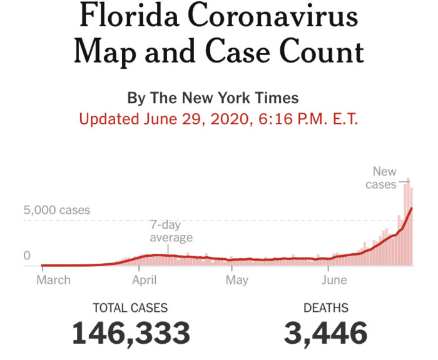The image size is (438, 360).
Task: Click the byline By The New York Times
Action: tap(213, 98)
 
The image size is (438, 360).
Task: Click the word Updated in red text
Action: tap(109, 119)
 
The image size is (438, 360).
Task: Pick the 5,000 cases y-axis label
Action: tap(57, 210)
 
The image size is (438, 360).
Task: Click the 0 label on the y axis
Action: tap(28, 255)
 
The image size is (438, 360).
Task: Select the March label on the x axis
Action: tap(53, 280)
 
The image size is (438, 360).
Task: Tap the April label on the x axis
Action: tap(145, 280)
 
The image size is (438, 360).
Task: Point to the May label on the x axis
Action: tap(237, 280)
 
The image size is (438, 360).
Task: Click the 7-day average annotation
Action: tap(171, 231)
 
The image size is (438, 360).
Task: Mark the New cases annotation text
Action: tap(382, 177)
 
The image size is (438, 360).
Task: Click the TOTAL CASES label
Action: tap(130, 307)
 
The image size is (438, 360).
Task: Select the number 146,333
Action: tap(131, 332)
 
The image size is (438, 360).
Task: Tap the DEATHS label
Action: tap(326, 307)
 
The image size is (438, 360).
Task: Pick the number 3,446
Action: tap(325, 332)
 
